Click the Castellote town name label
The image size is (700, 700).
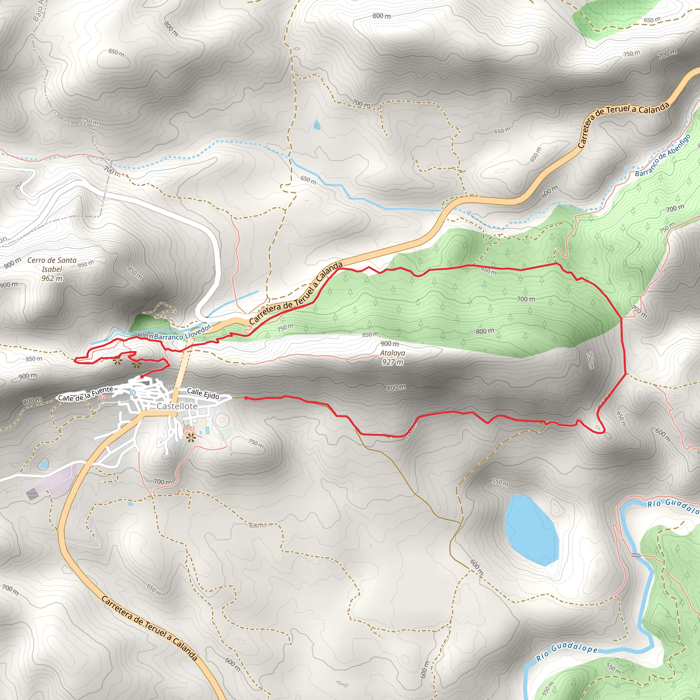tap(177, 406)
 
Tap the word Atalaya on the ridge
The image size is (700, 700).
tap(392, 353)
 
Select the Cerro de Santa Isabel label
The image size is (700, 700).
tap(52, 265)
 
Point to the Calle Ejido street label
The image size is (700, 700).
tap(203, 394)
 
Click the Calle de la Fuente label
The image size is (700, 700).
tap(85, 394)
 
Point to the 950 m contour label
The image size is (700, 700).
tap(85, 264)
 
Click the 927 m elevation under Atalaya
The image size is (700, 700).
tap(392, 362)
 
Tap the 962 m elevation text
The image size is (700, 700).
tap(52, 279)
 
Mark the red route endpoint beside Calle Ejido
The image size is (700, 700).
tap(246, 398)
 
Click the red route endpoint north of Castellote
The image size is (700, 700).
tap(142, 377)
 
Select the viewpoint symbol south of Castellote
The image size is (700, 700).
tap(191, 439)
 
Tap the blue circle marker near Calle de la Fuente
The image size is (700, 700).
tap(133, 393)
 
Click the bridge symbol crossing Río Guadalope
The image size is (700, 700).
tap(636, 555)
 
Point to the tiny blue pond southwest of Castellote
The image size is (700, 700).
tap(44, 464)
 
